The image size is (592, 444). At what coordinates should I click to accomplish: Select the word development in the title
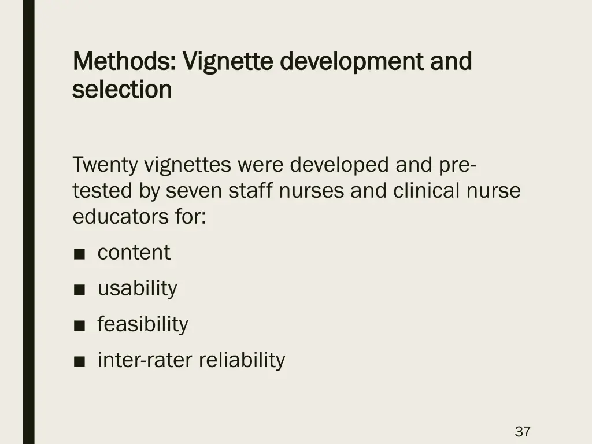point(352,61)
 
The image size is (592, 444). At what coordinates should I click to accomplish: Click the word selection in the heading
point(123,90)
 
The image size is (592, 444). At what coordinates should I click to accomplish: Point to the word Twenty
point(105,165)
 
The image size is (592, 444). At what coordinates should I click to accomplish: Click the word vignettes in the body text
point(187,165)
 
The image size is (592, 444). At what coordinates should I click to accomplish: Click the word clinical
point(425,191)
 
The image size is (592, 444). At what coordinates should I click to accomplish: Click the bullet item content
point(134,253)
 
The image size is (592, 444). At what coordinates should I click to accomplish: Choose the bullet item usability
point(137,288)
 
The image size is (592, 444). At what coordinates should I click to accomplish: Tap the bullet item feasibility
point(142,324)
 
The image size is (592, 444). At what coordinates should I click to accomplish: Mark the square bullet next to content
point(80,254)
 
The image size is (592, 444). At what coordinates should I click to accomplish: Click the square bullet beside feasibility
point(80,325)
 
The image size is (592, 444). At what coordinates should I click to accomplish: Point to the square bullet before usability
point(80,290)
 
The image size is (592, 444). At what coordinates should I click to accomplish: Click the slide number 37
point(523,431)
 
